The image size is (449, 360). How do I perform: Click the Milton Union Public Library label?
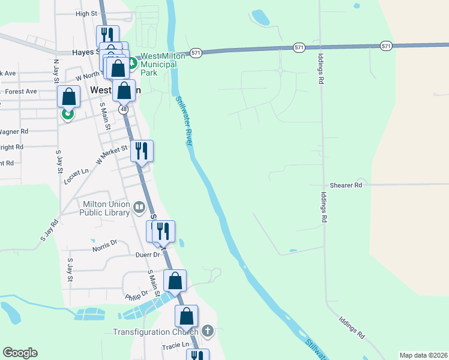point(106,208)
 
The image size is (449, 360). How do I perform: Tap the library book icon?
point(139,208)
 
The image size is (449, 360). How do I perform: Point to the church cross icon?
point(208,331)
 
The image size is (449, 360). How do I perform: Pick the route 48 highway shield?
point(123,110)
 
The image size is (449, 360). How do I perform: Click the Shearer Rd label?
point(346,186)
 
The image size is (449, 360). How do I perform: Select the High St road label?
point(86,13)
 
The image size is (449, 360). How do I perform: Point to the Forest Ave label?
point(21,92)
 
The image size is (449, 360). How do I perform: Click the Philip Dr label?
point(136,295)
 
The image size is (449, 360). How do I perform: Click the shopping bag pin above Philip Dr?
point(175,280)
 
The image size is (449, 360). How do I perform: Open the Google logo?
point(20,353)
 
